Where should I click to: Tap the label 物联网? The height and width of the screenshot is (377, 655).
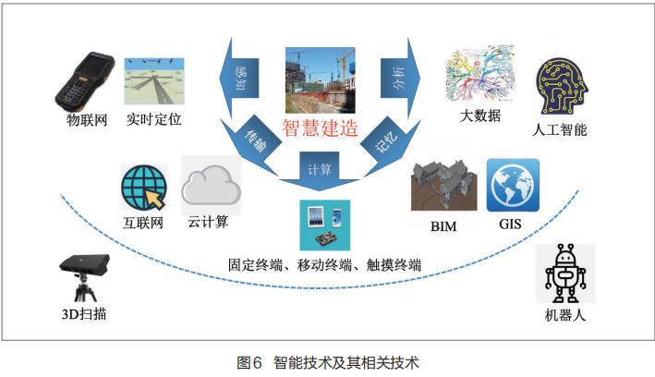(x=86, y=119)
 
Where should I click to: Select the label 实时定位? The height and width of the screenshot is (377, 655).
(x=152, y=119)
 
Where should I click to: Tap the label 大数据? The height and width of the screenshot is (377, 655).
(x=480, y=116)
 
